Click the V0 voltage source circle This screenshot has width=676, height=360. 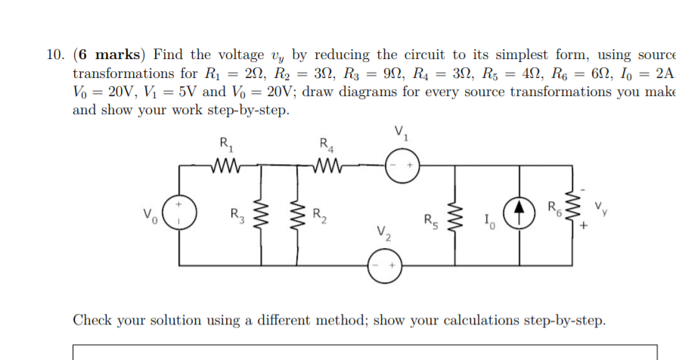[x=178, y=213]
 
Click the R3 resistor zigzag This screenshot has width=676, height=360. [x=262, y=213]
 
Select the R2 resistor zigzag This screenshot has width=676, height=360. [x=294, y=213]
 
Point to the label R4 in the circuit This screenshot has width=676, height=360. [x=326, y=141]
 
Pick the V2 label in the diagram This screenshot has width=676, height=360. [x=384, y=234]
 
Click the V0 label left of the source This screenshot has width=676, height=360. [x=150, y=214]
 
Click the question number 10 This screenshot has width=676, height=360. [x=54, y=55]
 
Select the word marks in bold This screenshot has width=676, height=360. [x=117, y=55]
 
